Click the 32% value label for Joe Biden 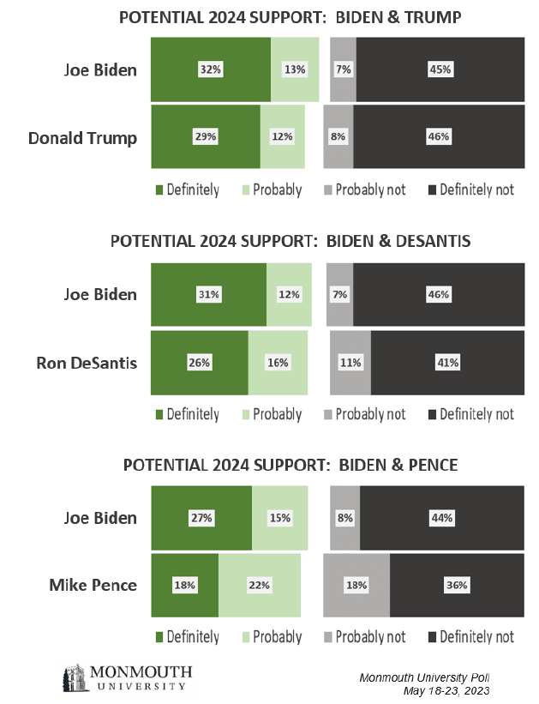pos(211,69)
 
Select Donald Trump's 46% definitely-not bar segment pos(439,136)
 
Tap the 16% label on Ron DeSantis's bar pos(278,363)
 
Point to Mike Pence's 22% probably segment pos(260,585)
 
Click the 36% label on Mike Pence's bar pos(457,585)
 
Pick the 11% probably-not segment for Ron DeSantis pos(350,363)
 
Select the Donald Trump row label pos(82,138)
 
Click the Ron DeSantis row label pos(87,363)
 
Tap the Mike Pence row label pos(93,585)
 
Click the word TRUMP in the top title pos(433,17)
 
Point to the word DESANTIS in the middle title pos(434,241)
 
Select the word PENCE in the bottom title pos(433,465)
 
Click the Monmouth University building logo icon pos(75,677)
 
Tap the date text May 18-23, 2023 pos(446,690)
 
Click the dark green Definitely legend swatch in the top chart pos(159,190)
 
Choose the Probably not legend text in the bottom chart pos(370,636)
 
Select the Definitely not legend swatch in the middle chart pos(432,414)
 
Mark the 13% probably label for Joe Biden pos(295,69)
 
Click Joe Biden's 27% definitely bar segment pos(201,518)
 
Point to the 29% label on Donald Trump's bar pos(206,136)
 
